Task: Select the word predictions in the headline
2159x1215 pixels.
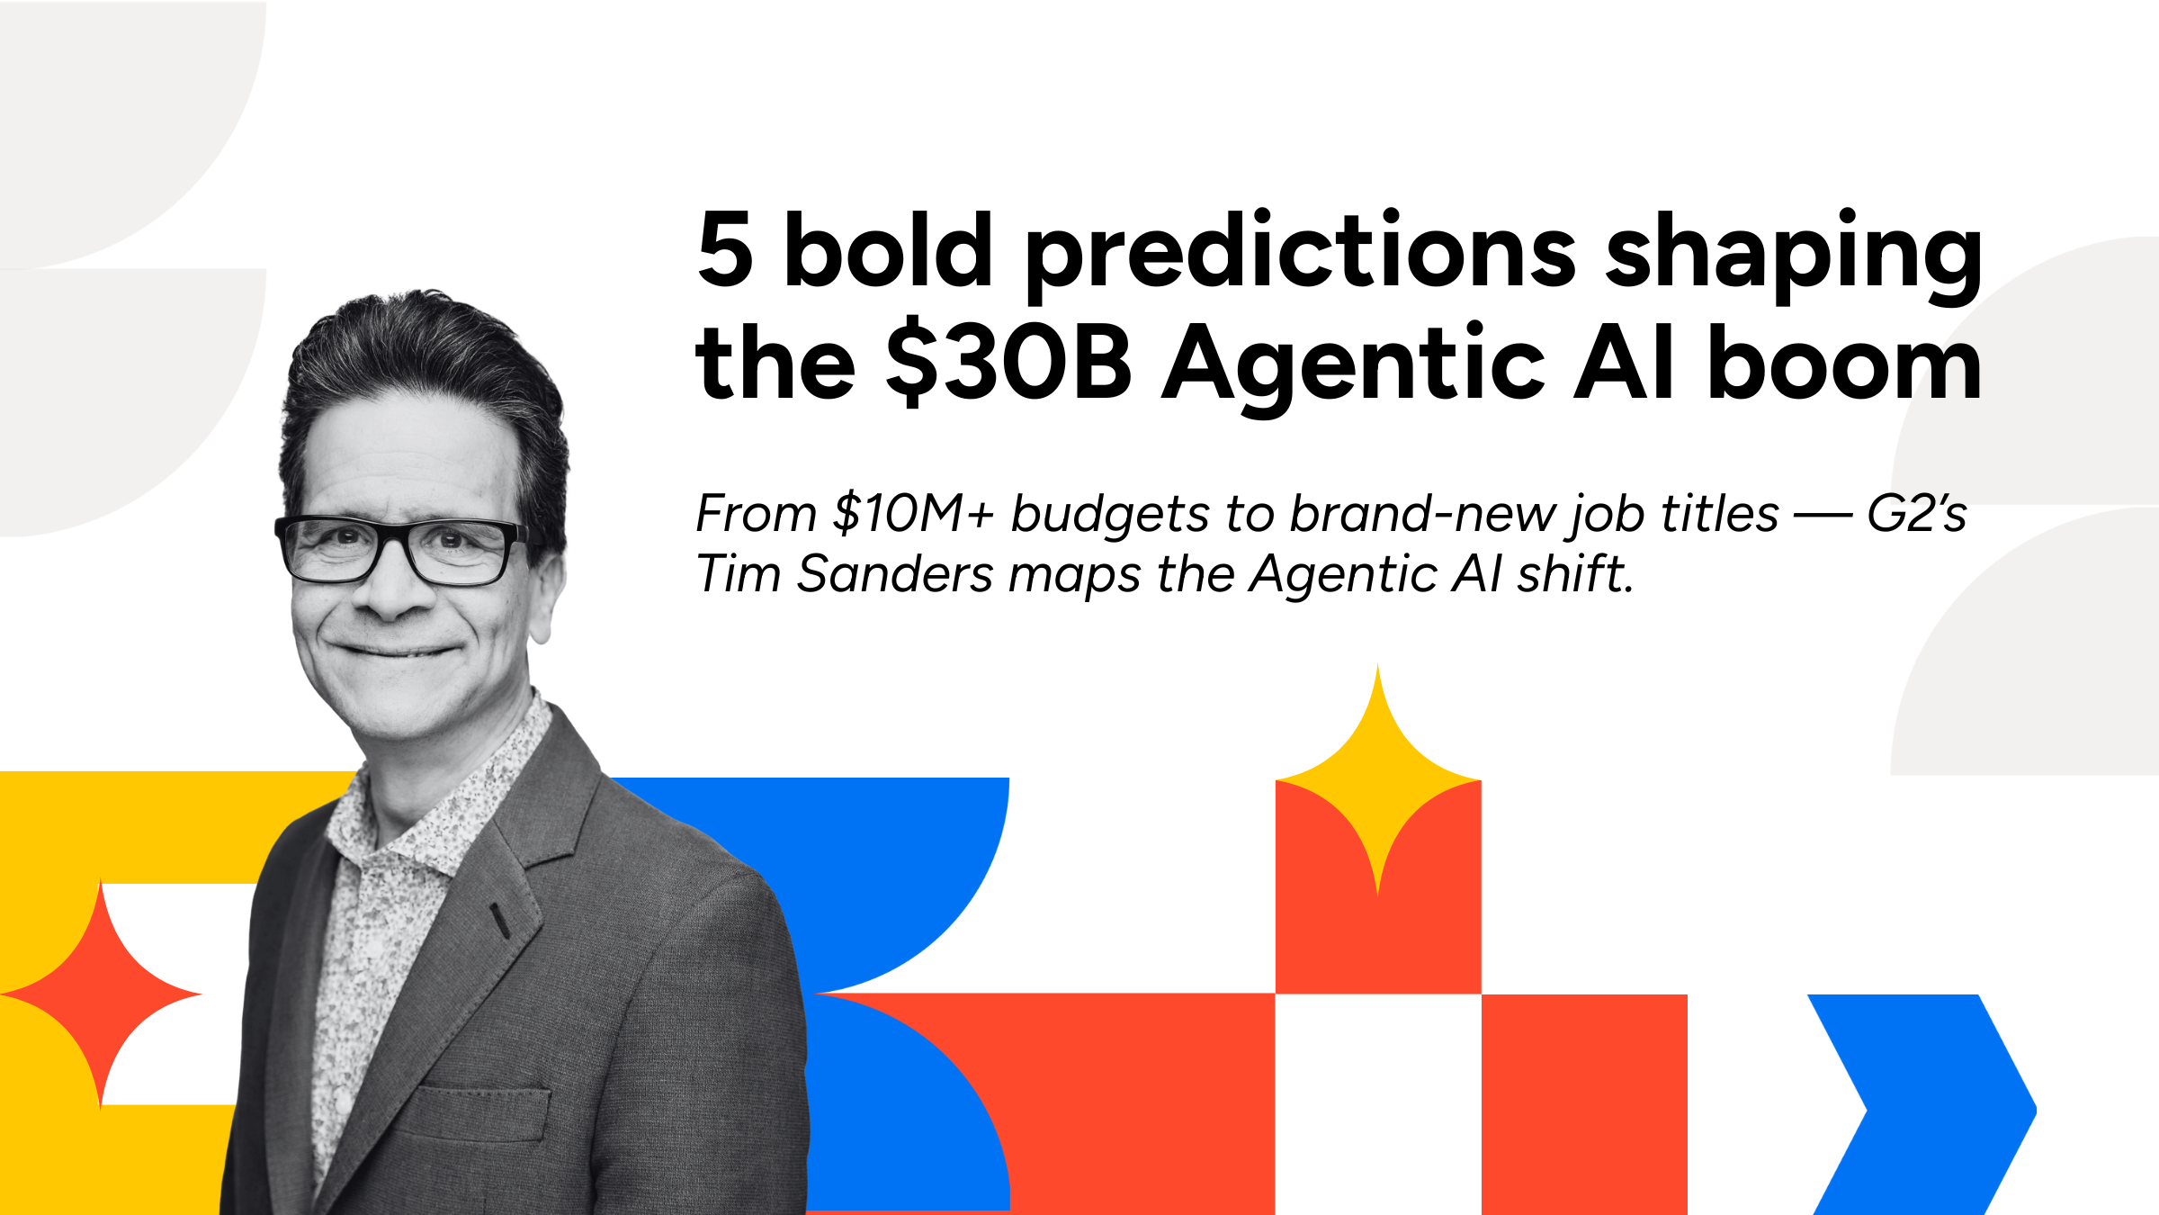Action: (x=1300, y=255)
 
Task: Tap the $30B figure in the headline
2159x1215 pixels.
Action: (x=1008, y=363)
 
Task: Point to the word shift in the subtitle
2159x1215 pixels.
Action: (x=1574, y=574)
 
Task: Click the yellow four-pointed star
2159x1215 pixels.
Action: (x=1377, y=781)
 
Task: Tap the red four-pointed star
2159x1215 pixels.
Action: (x=101, y=994)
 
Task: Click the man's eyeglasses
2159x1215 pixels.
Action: (x=400, y=549)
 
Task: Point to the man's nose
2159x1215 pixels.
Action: (x=396, y=589)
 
